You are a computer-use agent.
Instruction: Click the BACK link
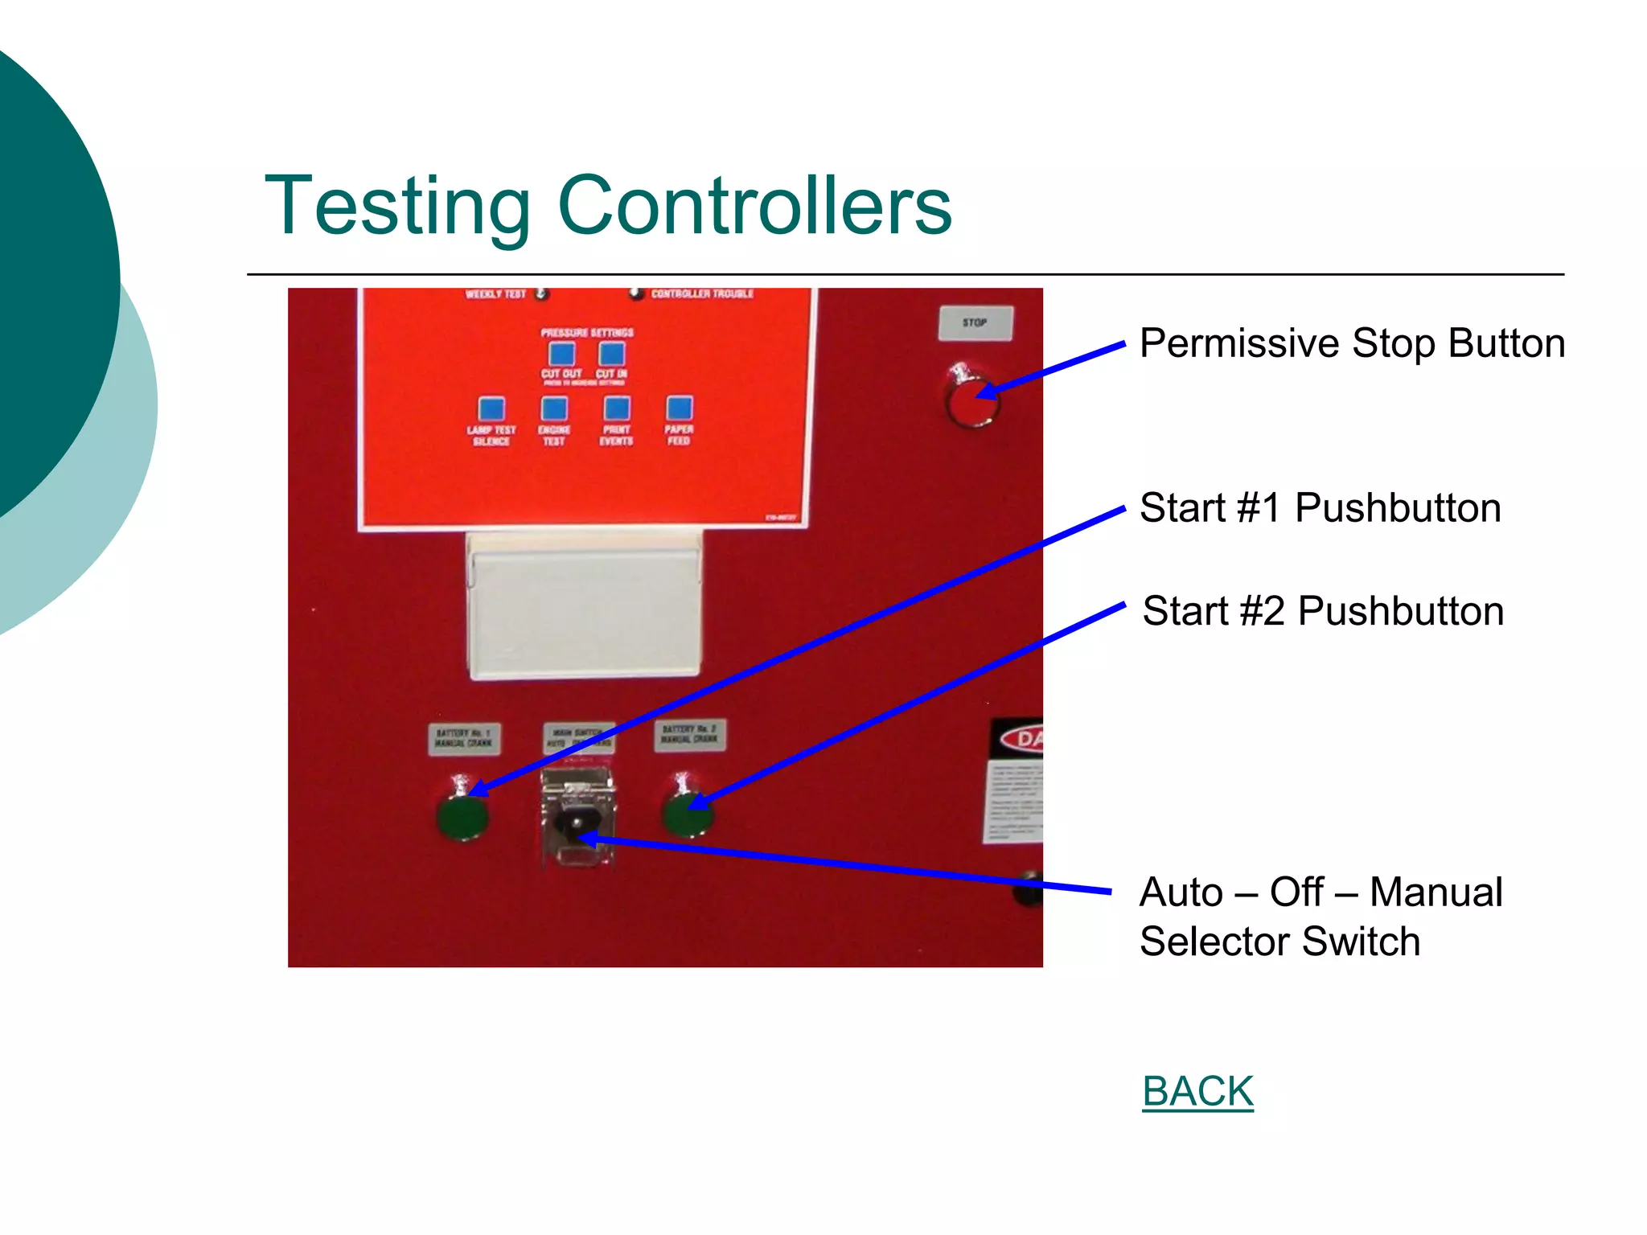1197,1092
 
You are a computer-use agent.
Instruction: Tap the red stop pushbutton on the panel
972,403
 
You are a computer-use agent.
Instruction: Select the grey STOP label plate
975,322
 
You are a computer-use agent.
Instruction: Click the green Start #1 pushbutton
462,818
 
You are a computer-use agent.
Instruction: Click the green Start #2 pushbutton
688,814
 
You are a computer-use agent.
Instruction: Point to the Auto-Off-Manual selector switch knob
577,823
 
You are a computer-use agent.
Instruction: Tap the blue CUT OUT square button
561,354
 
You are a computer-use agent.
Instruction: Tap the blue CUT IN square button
612,354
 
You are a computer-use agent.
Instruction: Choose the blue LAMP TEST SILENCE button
491,408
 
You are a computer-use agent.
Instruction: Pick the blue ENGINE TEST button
554,408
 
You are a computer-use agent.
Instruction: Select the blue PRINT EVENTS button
617,408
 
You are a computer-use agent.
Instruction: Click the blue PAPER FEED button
680,408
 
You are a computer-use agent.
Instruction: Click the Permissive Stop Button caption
1352,343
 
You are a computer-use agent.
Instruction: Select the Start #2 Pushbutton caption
1323,611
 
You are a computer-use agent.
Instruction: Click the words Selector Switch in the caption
1279,942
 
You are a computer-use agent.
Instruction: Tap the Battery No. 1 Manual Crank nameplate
464,738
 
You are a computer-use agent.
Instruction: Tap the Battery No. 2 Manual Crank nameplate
690,735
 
